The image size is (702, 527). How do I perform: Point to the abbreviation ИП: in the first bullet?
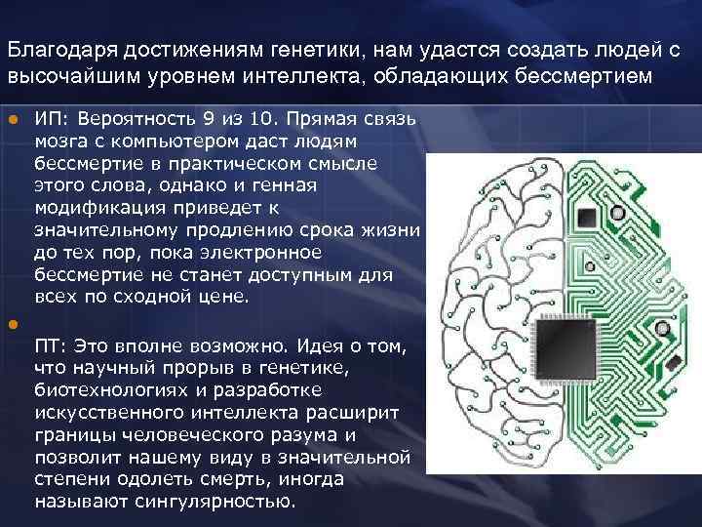click(50, 119)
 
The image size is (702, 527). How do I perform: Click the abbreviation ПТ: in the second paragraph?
click(50, 347)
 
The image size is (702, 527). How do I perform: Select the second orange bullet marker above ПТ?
click(13, 324)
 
